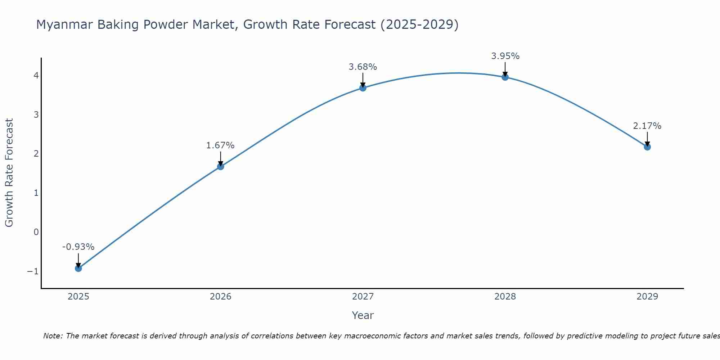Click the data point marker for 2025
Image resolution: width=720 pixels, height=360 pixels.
[x=78, y=268]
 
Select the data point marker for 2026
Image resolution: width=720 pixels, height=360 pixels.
[x=221, y=166]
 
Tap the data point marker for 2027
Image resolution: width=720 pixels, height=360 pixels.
[x=363, y=88]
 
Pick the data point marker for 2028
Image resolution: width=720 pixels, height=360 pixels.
[x=505, y=77]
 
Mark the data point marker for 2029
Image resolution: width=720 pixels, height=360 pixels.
[x=647, y=147]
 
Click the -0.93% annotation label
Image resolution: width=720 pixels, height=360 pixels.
[x=78, y=247]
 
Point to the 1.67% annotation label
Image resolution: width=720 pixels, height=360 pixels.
[x=220, y=145]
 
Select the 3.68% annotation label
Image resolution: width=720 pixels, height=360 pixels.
[x=363, y=67]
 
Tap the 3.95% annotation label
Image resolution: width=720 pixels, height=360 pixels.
[x=505, y=56]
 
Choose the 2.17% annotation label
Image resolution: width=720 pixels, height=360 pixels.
[x=647, y=126]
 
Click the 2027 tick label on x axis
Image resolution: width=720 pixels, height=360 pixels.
[x=363, y=297]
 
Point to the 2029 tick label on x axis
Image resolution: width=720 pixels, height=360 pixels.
[x=647, y=297]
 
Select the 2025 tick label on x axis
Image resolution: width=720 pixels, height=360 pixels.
[x=78, y=297]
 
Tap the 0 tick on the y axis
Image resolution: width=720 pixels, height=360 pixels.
[x=36, y=232]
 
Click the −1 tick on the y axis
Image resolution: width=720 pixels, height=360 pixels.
[x=33, y=271]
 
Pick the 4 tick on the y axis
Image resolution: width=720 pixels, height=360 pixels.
[x=36, y=76]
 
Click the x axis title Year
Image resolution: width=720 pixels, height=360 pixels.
[x=363, y=315]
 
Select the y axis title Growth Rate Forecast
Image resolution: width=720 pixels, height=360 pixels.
[x=9, y=173]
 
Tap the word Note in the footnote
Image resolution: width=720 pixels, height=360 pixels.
[x=53, y=336]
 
